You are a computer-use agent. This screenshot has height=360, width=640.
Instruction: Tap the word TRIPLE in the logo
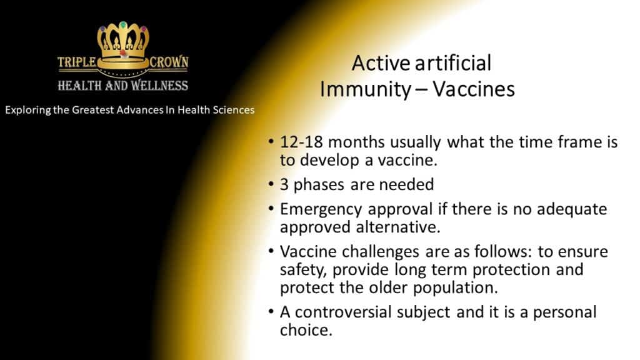[x=76, y=62]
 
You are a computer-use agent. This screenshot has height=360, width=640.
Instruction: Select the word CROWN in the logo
[x=169, y=62]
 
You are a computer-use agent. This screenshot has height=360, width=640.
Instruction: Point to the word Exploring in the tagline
[x=28, y=110]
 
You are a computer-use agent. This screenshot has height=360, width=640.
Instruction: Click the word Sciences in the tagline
[x=234, y=110]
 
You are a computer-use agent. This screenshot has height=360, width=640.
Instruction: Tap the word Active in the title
[x=381, y=63]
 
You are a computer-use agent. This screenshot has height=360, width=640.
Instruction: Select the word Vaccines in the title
[x=474, y=89]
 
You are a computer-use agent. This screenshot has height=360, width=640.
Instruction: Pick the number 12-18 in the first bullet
[x=301, y=142]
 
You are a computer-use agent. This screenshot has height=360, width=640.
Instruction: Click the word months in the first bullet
[x=356, y=142]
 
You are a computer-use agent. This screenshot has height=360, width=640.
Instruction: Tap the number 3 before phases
[x=284, y=185]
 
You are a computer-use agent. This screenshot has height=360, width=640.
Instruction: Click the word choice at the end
[x=306, y=330]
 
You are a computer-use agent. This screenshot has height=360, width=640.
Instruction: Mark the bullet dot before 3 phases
[x=271, y=184]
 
